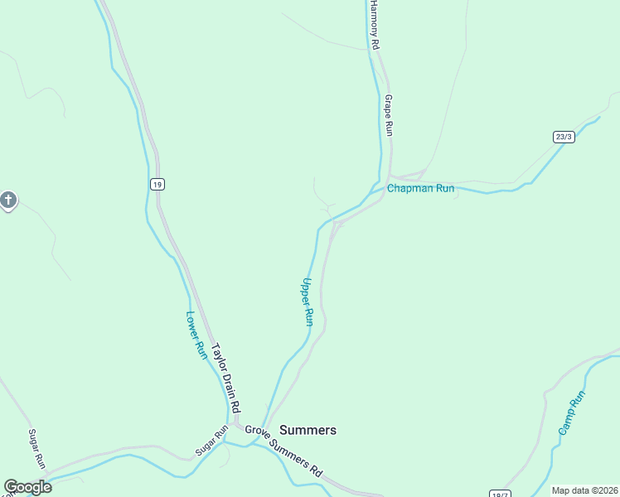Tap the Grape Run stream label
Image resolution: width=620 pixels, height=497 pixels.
[x=388, y=115]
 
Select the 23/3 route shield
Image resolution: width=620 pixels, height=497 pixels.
[x=564, y=137]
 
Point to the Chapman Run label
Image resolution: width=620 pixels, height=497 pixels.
[x=421, y=189]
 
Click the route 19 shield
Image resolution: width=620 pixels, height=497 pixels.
[x=157, y=184]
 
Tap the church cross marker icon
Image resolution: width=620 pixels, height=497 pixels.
[x=8, y=200]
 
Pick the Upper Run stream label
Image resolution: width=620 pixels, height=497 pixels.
[x=308, y=302]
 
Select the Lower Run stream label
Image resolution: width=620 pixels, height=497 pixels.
[x=196, y=335]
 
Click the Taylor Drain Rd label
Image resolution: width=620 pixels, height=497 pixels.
[x=225, y=378]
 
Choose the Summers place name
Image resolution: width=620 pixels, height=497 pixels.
[x=308, y=430]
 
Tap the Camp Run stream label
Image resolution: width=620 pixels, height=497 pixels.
[x=571, y=413]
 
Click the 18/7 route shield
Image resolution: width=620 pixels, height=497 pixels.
[x=499, y=493]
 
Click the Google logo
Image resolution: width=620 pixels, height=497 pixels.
[x=27, y=487]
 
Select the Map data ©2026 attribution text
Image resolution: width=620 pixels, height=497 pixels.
[x=584, y=490]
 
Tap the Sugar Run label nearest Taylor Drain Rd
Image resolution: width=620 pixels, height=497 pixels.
[x=211, y=440]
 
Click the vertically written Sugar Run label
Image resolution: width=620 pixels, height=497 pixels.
[x=36, y=448]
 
